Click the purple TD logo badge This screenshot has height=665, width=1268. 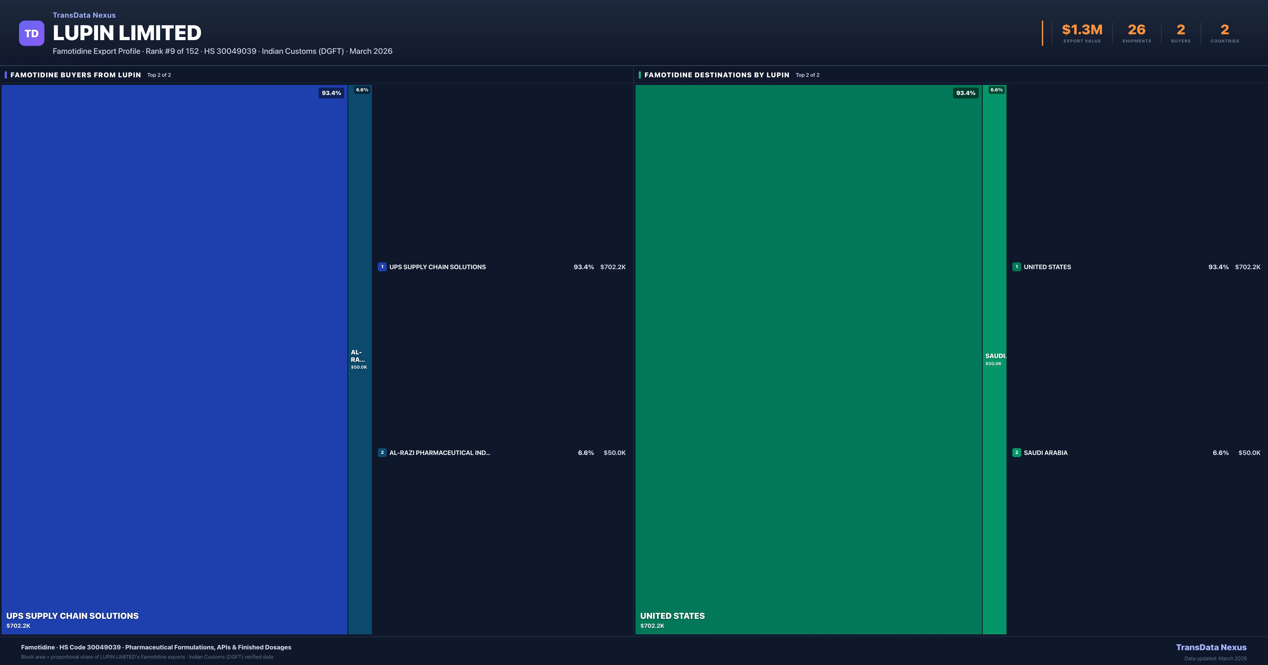[31, 34]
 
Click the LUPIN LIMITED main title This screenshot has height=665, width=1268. [127, 33]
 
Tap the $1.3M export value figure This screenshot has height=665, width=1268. [1082, 30]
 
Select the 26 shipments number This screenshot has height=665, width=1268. [1136, 30]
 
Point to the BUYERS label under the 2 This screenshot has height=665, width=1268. [1180, 41]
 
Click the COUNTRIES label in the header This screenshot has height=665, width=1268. [1225, 41]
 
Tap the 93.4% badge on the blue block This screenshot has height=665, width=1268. [331, 93]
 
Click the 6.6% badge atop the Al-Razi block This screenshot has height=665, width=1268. [362, 90]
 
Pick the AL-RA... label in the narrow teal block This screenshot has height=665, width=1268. [357, 356]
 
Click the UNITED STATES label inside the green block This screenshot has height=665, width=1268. [672, 616]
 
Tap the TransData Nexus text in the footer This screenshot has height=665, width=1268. [1211, 647]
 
